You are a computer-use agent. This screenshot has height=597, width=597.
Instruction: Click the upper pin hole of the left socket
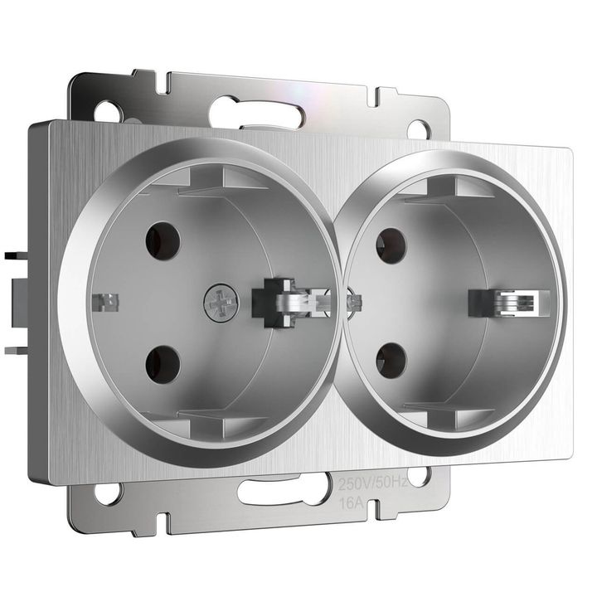pyautogui.click(x=163, y=240)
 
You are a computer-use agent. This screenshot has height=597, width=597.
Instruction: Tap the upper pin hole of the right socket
pyautogui.click(x=391, y=246)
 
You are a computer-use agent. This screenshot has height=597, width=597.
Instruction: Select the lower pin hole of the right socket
pyautogui.click(x=391, y=361)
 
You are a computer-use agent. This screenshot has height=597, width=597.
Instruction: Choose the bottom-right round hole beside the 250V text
pyautogui.click(x=419, y=476)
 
